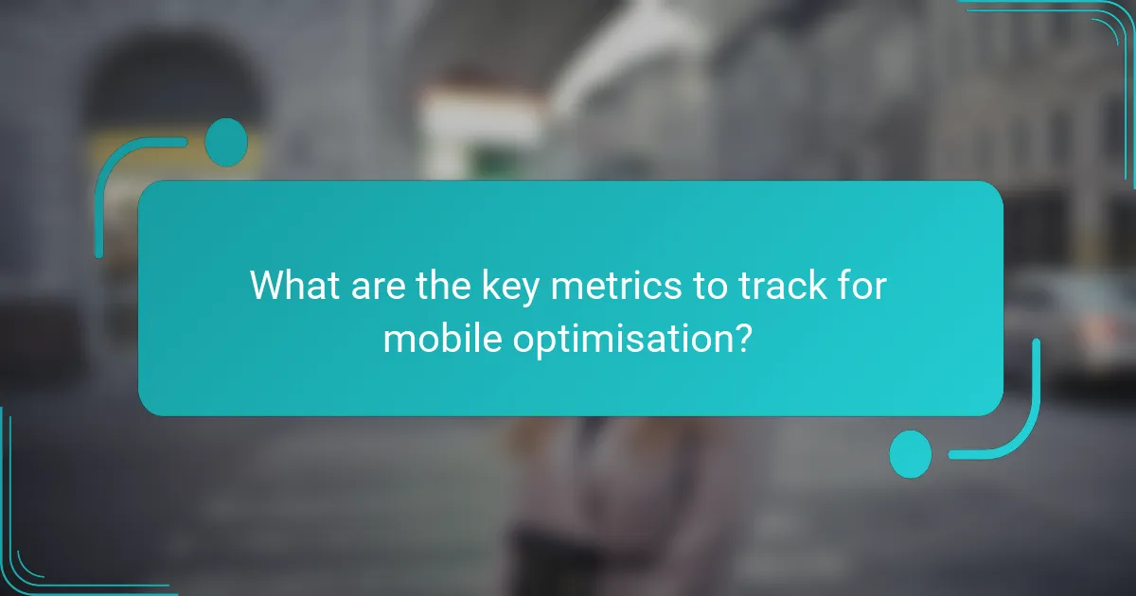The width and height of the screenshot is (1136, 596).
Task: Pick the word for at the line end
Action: tap(861, 286)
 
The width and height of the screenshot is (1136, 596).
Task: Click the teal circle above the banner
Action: tap(226, 143)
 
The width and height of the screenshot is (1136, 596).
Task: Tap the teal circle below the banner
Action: tap(911, 453)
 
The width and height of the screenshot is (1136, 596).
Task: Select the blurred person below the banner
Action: tap(568, 492)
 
